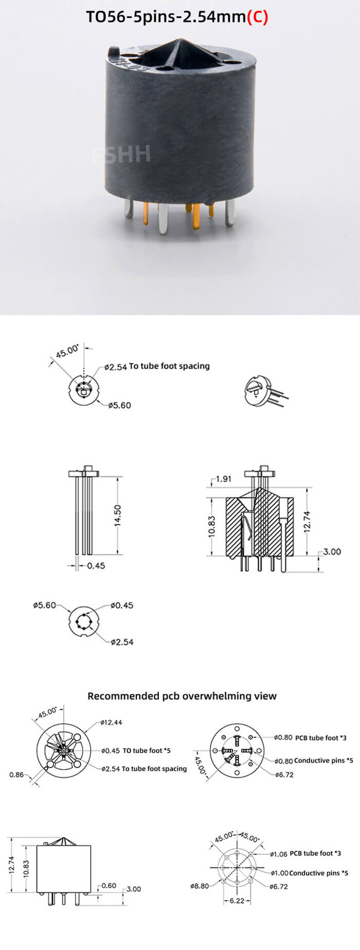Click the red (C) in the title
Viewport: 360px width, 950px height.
(258, 17)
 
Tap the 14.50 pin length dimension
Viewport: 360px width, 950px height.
(118, 515)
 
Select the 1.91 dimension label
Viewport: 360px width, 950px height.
(223, 479)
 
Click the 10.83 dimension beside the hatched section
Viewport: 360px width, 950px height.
(212, 527)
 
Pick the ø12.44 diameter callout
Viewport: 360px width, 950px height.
(112, 722)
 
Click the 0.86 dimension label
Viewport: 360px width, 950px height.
(16, 775)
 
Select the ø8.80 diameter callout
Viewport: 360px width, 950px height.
(200, 886)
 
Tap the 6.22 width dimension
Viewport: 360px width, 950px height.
(237, 901)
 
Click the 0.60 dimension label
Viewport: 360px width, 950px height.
(109, 886)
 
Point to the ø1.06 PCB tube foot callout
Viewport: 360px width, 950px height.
(305, 853)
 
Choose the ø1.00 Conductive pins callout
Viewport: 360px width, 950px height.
(309, 873)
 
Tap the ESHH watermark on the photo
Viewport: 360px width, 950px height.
(122, 154)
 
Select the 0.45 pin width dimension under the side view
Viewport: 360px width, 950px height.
(96, 565)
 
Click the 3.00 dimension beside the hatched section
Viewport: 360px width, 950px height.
(332, 552)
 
